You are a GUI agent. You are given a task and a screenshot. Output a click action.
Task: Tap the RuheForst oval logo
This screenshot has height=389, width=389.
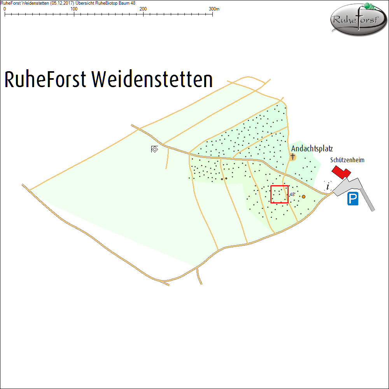click(358, 19)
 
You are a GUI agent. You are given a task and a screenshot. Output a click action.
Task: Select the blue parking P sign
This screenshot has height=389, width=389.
click(353, 199)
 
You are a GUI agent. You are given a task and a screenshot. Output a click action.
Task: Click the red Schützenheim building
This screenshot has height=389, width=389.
click(341, 172)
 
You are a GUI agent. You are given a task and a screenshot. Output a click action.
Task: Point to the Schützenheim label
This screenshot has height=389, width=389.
click(347, 160)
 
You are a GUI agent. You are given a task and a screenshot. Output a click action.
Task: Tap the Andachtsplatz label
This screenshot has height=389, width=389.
click(312, 149)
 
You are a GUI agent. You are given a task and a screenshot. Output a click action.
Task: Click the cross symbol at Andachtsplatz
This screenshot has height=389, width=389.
click(293, 157)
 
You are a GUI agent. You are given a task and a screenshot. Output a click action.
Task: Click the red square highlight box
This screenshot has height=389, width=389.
click(279, 194)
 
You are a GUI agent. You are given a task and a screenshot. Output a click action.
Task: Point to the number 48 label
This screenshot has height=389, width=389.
click(292, 194)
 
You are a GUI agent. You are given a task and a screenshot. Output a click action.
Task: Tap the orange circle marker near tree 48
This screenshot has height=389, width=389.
click(304, 197)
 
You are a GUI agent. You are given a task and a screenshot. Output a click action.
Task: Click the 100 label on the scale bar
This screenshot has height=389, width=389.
click(74, 9)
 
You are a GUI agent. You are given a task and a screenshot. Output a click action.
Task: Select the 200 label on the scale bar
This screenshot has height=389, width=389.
click(143, 9)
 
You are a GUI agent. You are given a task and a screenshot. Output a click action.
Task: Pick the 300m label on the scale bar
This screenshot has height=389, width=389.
click(214, 9)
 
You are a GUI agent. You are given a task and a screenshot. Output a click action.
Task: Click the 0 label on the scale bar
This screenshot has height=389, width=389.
click(5, 9)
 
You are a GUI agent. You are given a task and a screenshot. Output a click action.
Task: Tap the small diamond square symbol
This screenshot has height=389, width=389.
click(154, 149)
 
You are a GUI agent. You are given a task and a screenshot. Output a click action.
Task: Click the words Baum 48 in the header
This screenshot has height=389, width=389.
click(127, 3)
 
